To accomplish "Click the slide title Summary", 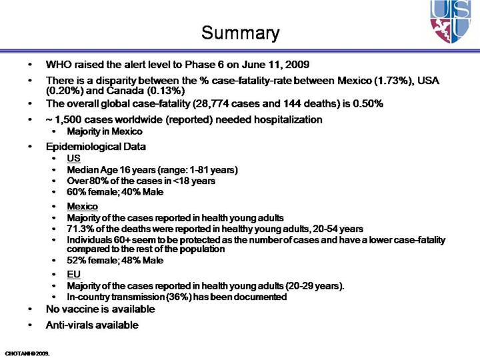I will (240, 32).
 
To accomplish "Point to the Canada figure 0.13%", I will (153, 91).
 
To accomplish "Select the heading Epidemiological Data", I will (95, 146).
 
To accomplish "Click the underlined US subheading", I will (73, 159).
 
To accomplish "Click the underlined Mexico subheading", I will (82, 207).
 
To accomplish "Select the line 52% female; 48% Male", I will (115, 260).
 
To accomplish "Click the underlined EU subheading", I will (73, 275).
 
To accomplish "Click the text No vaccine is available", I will (99, 309).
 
